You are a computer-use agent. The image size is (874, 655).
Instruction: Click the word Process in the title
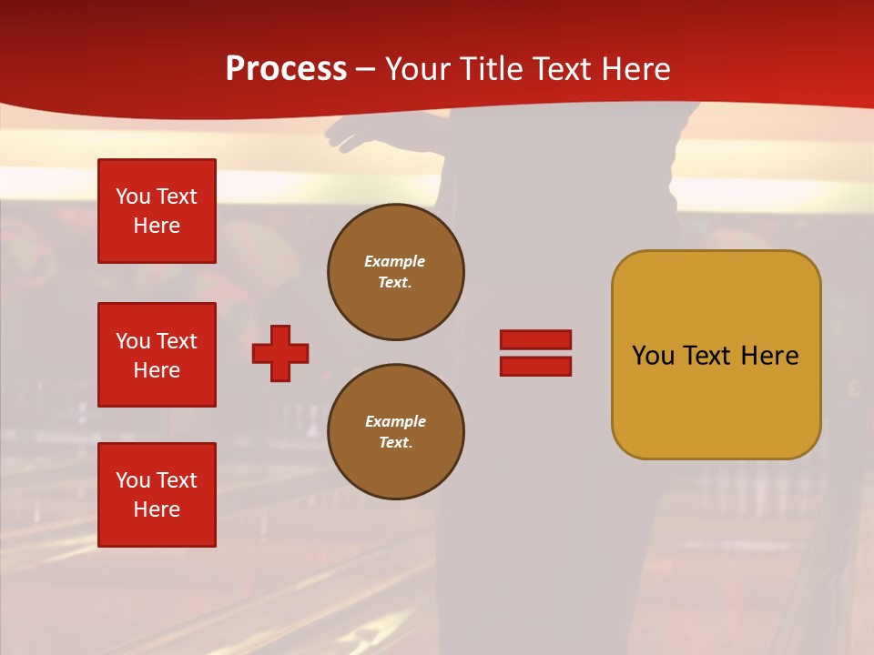pyautogui.click(x=286, y=69)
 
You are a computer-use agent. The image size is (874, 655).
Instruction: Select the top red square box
pyautogui.click(x=157, y=211)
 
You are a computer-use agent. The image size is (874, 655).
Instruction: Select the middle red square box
pyautogui.click(x=157, y=355)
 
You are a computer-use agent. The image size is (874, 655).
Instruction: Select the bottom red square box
pyautogui.click(x=157, y=495)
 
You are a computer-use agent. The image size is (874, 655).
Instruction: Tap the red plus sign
pyautogui.click(x=280, y=353)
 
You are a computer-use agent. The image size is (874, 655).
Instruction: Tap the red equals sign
pyautogui.click(x=535, y=353)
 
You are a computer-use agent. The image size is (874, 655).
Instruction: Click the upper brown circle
pyautogui.click(x=396, y=272)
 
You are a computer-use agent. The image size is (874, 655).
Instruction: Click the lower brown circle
pyautogui.click(x=396, y=432)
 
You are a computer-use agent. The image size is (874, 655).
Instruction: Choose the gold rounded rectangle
pyautogui.click(x=716, y=355)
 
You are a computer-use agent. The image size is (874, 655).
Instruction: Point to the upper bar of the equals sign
pyautogui.click(x=535, y=340)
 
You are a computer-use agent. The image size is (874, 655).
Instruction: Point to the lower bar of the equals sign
pyautogui.click(x=535, y=367)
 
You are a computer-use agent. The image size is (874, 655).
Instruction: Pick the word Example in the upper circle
pyautogui.click(x=395, y=262)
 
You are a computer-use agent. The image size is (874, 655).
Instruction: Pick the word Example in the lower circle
pyautogui.click(x=395, y=422)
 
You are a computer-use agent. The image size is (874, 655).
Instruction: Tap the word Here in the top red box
pyautogui.click(x=157, y=226)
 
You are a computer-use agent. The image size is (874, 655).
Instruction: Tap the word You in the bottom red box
pyautogui.click(x=133, y=480)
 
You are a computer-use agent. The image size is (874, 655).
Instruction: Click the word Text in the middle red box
pyautogui.click(x=177, y=341)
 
